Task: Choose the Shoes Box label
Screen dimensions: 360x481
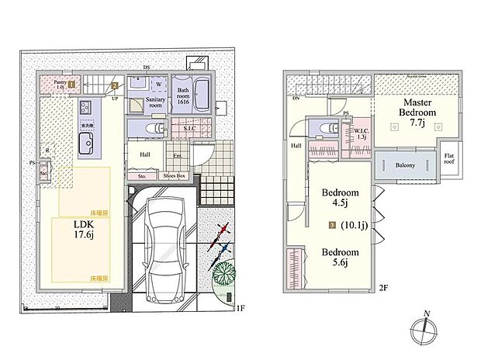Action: pyautogui.click(x=174, y=176)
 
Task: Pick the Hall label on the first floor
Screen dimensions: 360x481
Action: pyautogui.click(x=145, y=154)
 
